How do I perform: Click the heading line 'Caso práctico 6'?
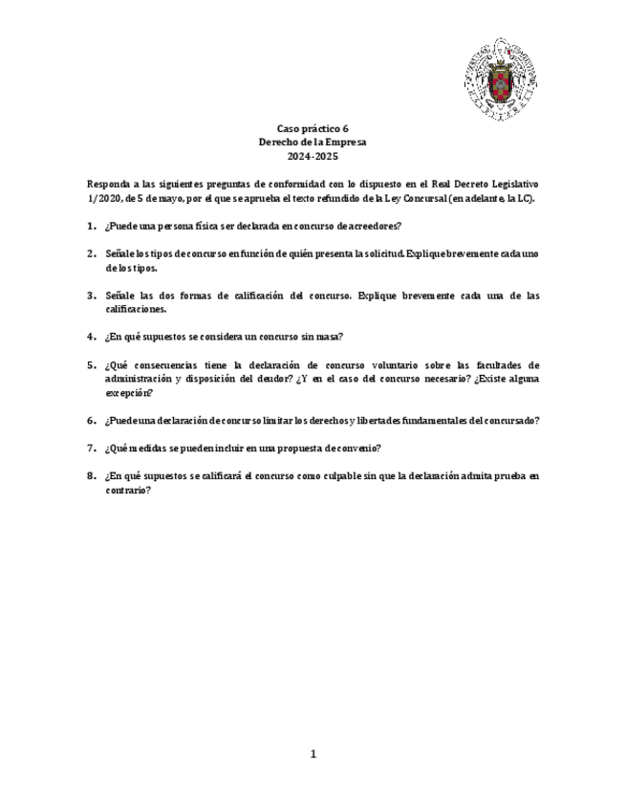pos(313,128)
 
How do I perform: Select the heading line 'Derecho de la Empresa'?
pos(313,142)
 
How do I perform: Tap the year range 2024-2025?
pos(313,156)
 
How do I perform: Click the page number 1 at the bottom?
pos(313,754)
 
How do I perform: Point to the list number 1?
pos(90,226)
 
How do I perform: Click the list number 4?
pos(90,337)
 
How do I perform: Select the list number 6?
pos(90,420)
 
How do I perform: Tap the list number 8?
pos(90,475)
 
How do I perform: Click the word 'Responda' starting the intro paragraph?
pos(105,185)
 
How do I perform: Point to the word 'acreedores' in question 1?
pos(374,226)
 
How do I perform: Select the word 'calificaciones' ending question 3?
pos(137,309)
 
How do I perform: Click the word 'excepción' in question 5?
pos(128,392)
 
